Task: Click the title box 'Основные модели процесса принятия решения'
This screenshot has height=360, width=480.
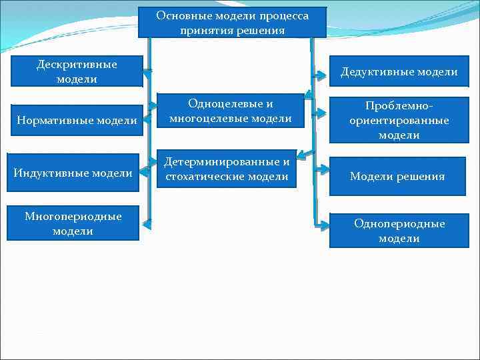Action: (232, 23)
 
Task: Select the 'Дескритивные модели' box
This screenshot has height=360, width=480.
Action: (76, 71)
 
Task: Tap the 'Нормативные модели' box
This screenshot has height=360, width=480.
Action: (75, 121)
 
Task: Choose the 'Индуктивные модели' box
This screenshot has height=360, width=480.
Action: (73, 173)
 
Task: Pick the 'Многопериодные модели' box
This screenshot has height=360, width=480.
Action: (73, 223)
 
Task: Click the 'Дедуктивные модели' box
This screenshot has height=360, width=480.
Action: (399, 72)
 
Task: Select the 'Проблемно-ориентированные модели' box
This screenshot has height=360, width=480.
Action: (399, 121)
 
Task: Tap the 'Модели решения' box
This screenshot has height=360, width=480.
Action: (397, 176)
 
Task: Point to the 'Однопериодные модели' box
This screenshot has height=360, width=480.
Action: (399, 231)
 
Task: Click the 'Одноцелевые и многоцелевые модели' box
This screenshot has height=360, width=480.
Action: (231, 111)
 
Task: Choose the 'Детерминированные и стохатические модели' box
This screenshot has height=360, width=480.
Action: (227, 169)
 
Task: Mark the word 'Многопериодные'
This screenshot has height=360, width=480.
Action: (73, 216)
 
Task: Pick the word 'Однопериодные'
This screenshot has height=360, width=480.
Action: (399, 223)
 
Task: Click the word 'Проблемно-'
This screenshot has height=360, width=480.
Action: (399, 107)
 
